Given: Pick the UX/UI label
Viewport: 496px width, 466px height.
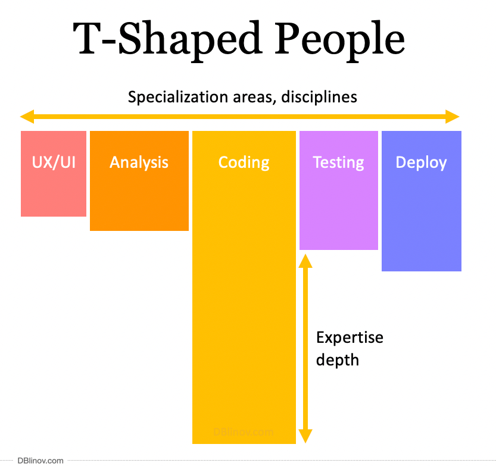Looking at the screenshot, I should tap(54, 162).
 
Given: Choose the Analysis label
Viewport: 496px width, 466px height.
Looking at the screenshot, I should tap(139, 162).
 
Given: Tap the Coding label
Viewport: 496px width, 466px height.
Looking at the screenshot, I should tap(244, 162).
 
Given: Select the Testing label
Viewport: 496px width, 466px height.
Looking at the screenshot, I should tap(338, 162).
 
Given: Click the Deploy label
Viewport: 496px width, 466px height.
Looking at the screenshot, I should tap(421, 162).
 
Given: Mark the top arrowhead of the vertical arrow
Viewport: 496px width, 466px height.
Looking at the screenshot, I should tap(305, 260).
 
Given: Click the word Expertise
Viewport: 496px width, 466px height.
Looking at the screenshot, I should tap(350, 337).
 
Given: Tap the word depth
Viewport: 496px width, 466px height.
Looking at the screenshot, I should tap(337, 359).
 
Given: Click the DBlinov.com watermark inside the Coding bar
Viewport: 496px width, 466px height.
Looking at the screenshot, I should tap(244, 433).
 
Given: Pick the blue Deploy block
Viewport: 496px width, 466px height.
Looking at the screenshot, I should tap(421, 226).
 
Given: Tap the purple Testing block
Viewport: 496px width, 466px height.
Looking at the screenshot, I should tap(338, 214).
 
